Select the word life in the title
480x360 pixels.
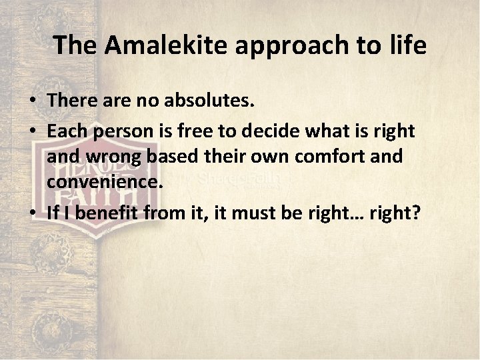coord(409,45)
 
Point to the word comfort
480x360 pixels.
coord(332,157)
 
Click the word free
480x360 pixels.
coord(181,131)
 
